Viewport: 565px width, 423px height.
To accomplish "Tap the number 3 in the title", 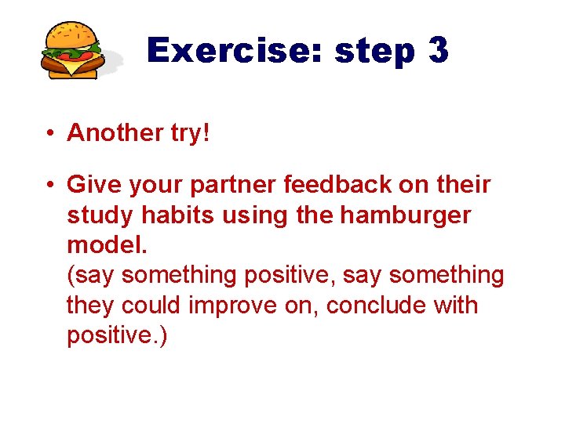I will point(438,51).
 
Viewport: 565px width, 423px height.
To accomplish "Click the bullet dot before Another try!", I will point(49,133).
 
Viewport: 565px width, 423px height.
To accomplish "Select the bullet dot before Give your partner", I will point(49,185).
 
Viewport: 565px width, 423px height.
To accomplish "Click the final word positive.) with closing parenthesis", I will point(117,335).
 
